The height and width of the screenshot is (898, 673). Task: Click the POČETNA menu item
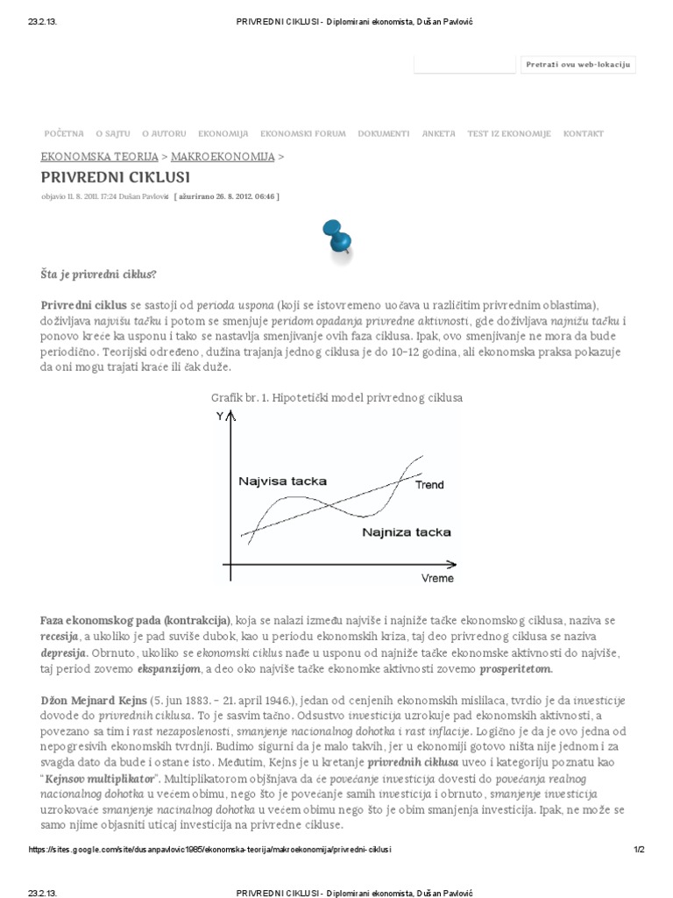click(x=64, y=134)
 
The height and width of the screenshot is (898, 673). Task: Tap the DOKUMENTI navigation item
click(x=383, y=134)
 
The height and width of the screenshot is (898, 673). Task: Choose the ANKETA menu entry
click(x=438, y=134)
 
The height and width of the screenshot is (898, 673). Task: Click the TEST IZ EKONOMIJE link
click(x=509, y=134)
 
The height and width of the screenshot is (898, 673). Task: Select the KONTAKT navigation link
click(x=584, y=134)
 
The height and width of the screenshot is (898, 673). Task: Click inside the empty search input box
click(x=464, y=64)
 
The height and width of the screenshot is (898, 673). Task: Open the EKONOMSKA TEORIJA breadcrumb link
click(x=99, y=156)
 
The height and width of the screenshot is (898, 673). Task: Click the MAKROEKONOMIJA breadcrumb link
click(x=223, y=156)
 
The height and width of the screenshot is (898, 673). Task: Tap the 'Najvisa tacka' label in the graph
click(x=282, y=481)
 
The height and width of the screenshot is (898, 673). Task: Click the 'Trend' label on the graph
click(x=429, y=485)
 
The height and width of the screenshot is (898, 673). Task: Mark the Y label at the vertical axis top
click(x=220, y=417)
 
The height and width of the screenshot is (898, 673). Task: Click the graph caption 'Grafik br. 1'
click(x=336, y=398)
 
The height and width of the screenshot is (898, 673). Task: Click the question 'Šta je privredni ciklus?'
click(x=98, y=274)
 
